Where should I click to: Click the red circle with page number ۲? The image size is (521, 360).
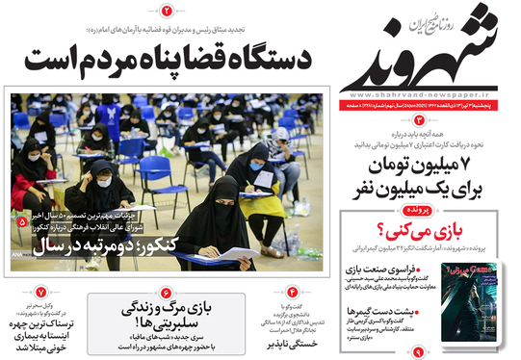[166, 12]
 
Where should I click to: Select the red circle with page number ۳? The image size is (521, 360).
[420, 118]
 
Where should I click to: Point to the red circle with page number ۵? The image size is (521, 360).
[22, 221]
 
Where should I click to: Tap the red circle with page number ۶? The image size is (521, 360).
[166, 292]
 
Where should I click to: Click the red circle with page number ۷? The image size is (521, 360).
[39, 292]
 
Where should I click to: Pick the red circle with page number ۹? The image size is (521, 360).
[418, 352]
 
